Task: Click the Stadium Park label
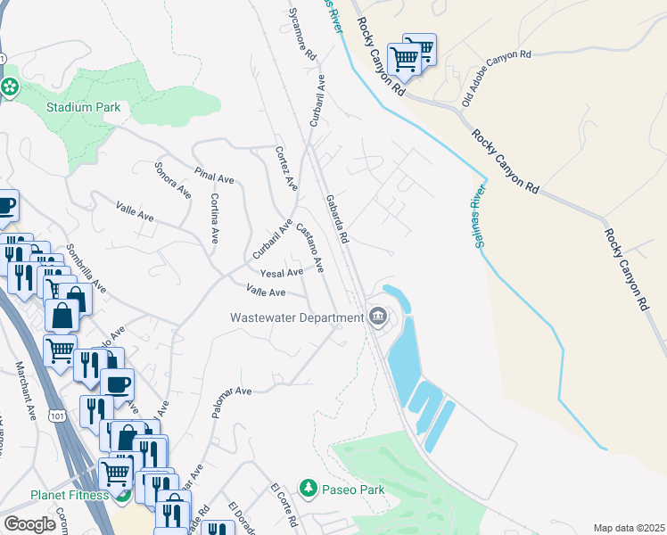point(83,107)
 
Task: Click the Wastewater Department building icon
point(378,317)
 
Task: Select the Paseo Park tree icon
point(309,488)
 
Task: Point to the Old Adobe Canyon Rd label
point(496,78)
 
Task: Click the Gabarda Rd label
point(336,220)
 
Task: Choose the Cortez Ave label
point(285,168)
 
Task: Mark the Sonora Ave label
point(172,179)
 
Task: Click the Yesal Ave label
point(281,272)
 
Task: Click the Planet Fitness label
point(56,495)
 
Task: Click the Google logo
point(30,524)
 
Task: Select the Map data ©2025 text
point(629,528)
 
